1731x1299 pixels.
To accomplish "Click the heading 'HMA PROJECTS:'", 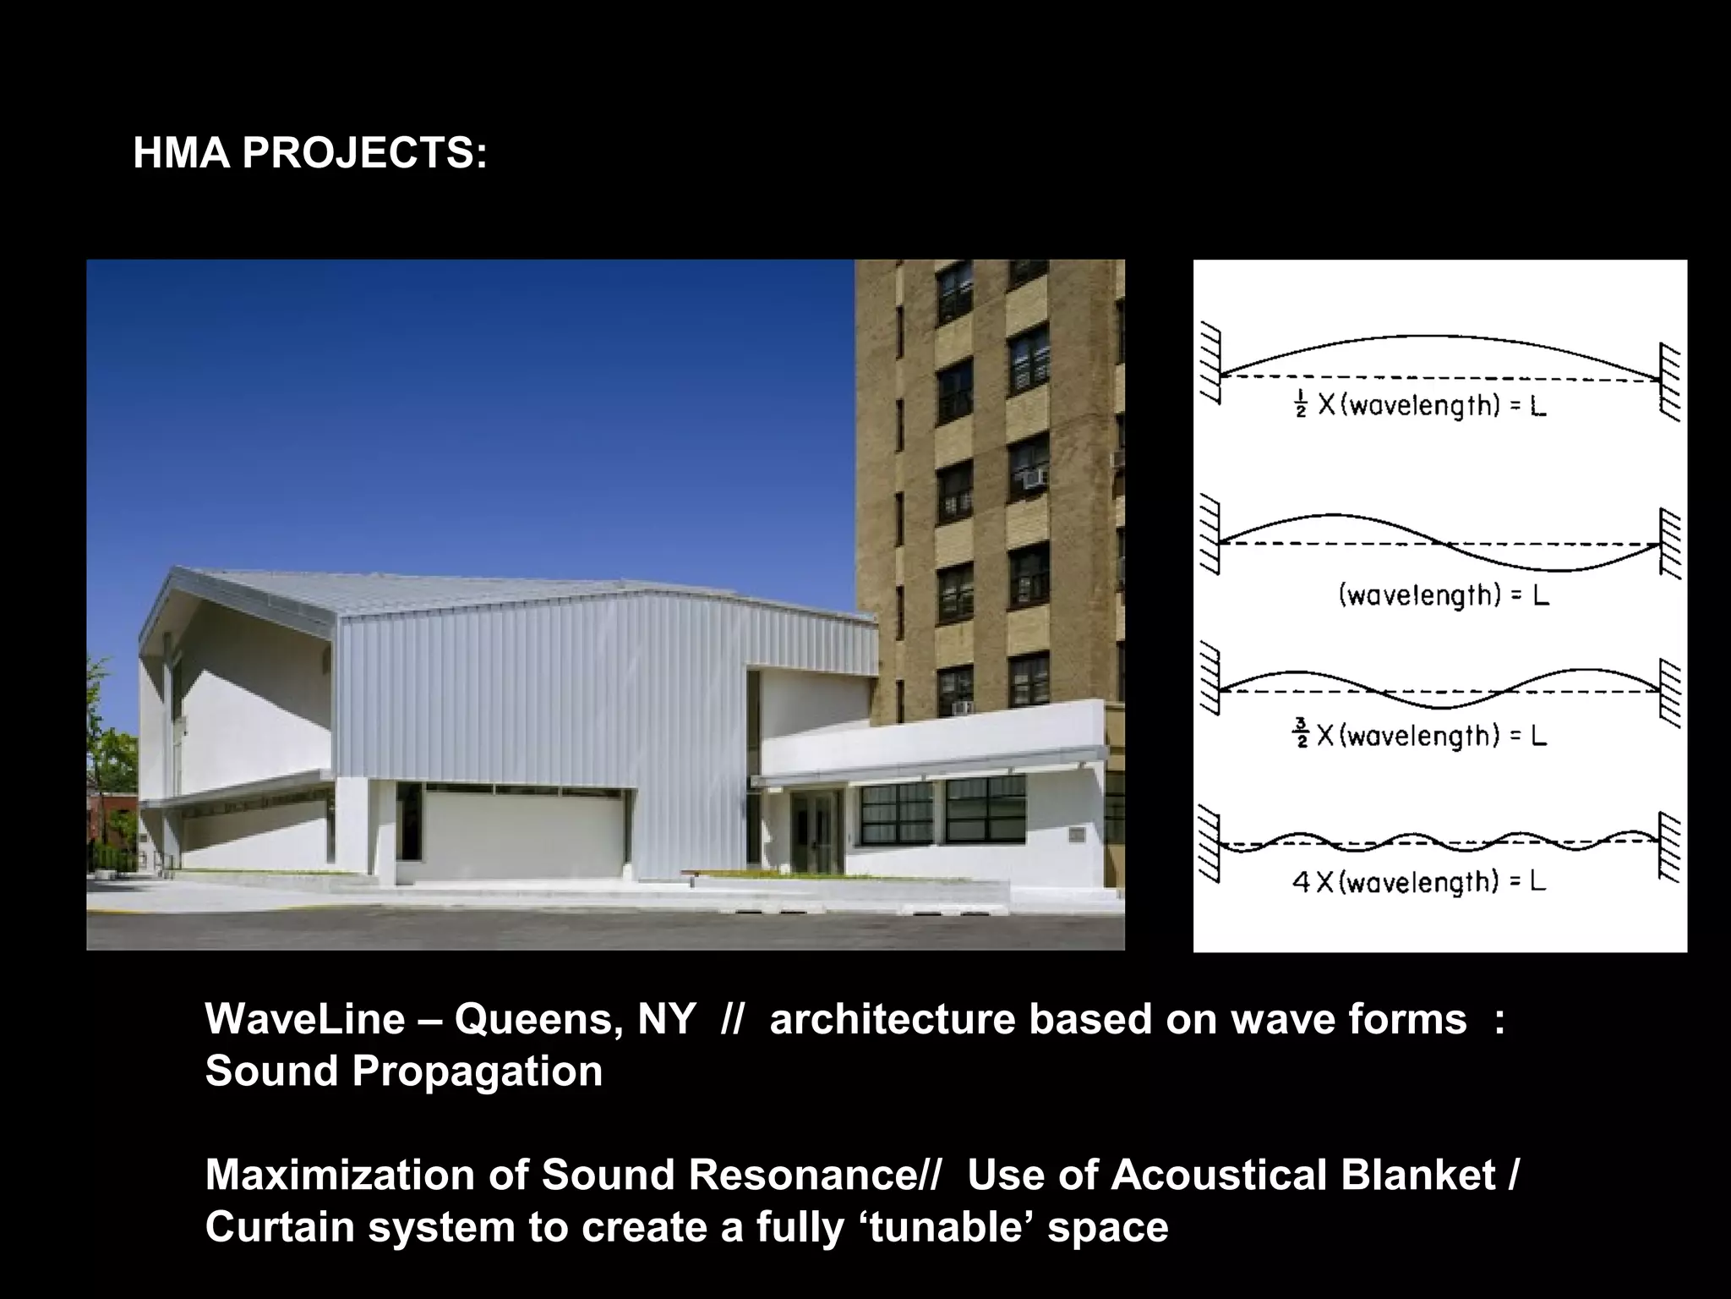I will click(x=310, y=154).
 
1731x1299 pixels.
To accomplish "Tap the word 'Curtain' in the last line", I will click(x=280, y=1227).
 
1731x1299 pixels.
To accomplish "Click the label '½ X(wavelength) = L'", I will click(x=1420, y=407).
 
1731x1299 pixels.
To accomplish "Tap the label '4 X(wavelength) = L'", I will click(x=1420, y=883).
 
